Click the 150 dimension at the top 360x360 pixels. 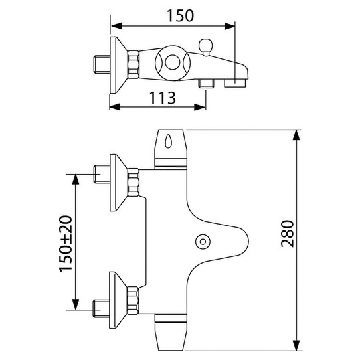click(x=175, y=15)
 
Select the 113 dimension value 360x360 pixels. click(x=159, y=98)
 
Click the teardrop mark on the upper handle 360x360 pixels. click(x=171, y=142)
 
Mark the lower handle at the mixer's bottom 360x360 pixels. click(x=171, y=332)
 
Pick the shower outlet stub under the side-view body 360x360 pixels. click(x=206, y=84)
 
